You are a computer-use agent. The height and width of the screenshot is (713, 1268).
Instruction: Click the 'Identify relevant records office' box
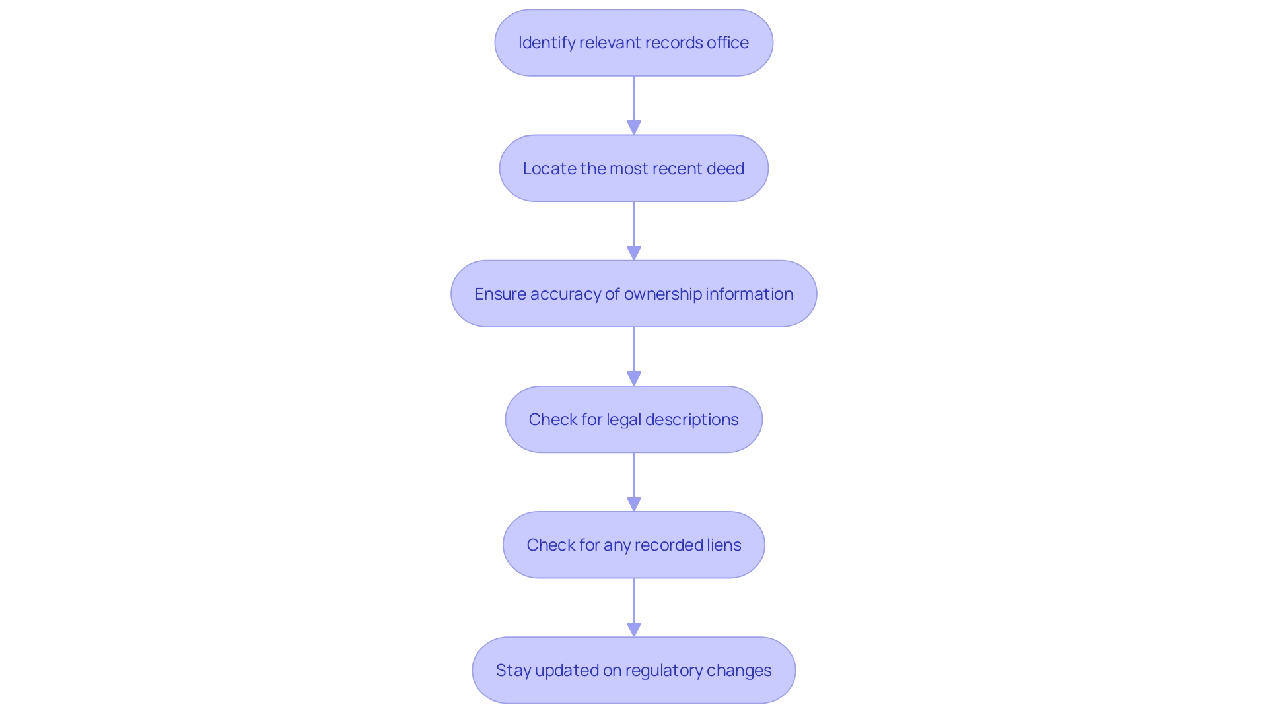click(633, 43)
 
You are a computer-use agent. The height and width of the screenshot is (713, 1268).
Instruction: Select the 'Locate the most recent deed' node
click(633, 168)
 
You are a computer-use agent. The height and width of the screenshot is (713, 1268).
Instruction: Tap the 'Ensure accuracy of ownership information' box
click(633, 294)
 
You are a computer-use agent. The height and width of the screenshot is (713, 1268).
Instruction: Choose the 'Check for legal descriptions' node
click(633, 419)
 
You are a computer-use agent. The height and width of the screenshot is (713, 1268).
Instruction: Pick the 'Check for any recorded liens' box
click(633, 545)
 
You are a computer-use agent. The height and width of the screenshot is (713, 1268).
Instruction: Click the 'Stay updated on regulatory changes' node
click(633, 670)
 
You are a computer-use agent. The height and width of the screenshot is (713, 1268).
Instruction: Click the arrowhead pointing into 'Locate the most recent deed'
click(634, 127)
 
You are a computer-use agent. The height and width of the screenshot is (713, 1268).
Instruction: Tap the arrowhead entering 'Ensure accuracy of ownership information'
click(634, 253)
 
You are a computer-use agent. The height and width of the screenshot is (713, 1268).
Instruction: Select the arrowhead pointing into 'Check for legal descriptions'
click(634, 378)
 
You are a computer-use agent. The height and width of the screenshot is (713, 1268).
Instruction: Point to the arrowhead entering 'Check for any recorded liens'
click(634, 504)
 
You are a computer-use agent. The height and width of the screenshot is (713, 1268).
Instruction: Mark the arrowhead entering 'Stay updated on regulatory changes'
click(634, 629)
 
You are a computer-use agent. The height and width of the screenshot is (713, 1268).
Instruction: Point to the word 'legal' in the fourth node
click(623, 420)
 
